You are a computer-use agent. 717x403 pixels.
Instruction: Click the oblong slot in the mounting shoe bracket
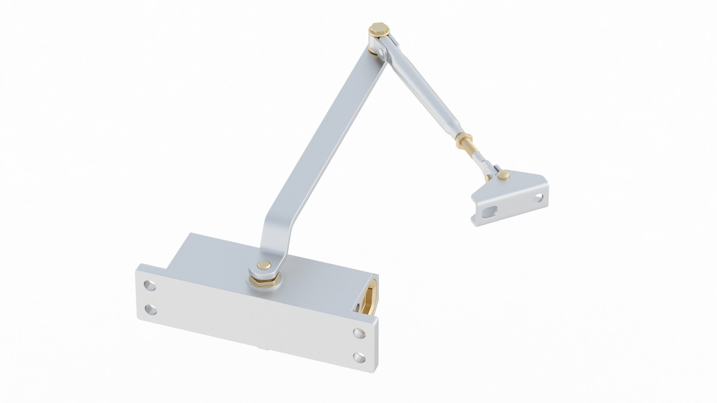(x=489, y=213)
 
